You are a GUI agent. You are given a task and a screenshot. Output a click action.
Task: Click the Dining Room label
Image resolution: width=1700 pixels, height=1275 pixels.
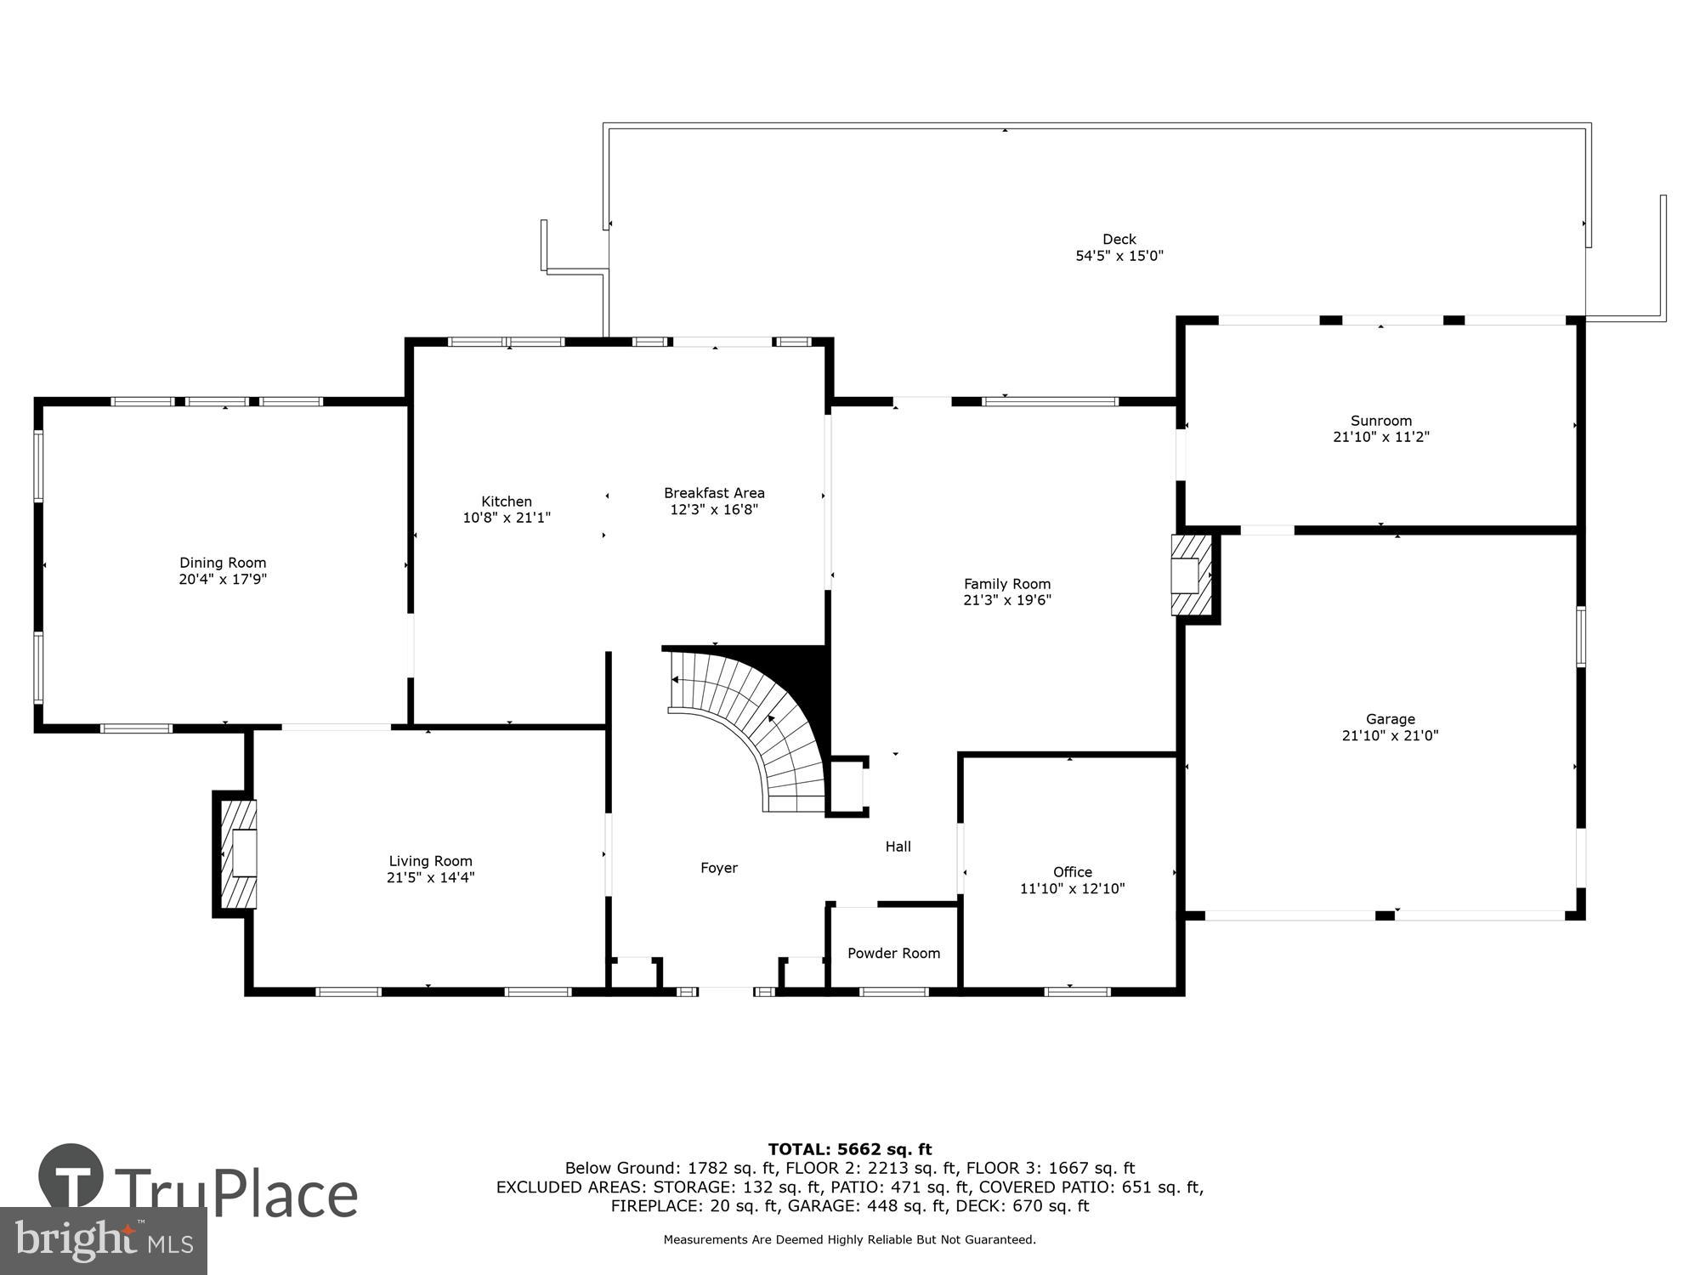coord(223,563)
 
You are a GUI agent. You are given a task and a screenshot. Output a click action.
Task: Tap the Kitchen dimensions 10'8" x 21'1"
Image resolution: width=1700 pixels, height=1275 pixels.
coord(507,518)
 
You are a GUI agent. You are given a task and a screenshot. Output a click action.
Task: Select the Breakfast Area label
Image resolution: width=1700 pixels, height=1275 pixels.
coord(714,493)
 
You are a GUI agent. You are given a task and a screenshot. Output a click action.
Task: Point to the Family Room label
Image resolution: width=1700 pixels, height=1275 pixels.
coord(1007,584)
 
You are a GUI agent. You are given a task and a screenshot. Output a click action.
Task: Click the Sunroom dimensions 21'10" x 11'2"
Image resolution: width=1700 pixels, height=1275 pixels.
coord(1381,437)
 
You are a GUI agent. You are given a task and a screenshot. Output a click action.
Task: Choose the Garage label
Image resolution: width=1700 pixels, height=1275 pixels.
coord(1390,719)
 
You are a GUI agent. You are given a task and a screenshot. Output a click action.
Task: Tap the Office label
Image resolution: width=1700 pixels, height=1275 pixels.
coord(1072,872)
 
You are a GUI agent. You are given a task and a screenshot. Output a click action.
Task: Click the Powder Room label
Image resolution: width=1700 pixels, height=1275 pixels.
coord(893,954)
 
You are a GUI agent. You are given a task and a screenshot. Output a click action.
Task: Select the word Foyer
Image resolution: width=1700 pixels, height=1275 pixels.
coord(719,868)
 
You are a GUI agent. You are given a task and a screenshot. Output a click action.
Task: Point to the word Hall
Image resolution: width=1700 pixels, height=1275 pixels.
coord(898,847)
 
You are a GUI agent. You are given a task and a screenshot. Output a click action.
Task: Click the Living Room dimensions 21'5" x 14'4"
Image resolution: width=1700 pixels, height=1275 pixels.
coord(430,878)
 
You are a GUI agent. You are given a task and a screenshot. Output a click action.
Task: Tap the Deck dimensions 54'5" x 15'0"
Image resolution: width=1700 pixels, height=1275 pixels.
coord(1119,256)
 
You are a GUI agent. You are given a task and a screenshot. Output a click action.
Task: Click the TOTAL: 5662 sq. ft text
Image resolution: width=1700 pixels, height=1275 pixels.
coord(850,1150)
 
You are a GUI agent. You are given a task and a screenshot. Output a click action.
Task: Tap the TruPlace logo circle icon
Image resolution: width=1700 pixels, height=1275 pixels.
coord(71,1177)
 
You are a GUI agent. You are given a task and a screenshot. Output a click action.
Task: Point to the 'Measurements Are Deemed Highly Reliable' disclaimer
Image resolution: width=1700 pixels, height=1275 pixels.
coord(850,1240)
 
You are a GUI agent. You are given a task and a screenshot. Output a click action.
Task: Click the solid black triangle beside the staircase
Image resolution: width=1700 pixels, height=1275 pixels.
coord(807,671)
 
